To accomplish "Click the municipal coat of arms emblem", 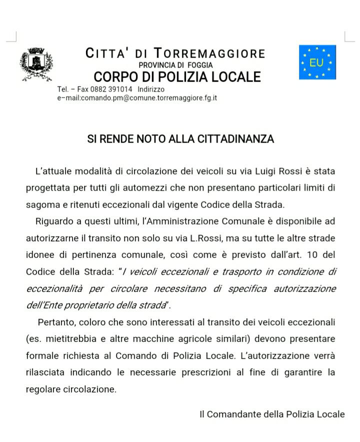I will (36, 64).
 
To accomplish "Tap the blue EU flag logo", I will (317, 62).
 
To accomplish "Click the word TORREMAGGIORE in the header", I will (209, 53).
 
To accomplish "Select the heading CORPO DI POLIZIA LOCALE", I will (177, 77).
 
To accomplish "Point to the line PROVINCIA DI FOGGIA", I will (175, 65).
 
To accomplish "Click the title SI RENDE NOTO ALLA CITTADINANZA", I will (180, 139).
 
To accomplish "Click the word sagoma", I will (41, 204).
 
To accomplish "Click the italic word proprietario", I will (78, 305).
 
